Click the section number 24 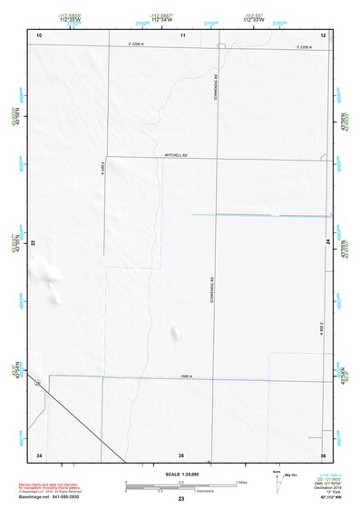pos(326,241)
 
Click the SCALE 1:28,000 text pos(181,474)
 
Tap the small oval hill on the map pos(175,333)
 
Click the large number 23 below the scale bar pos(181,499)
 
